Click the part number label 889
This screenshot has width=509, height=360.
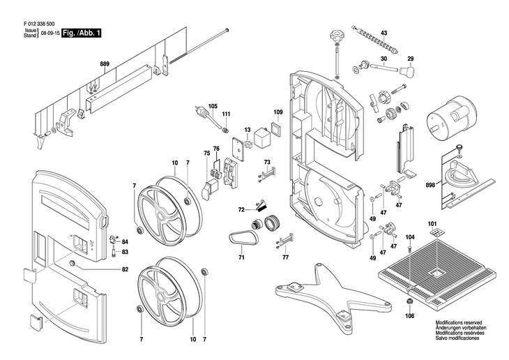pos(105,64)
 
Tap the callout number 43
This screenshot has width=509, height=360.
pos(383,33)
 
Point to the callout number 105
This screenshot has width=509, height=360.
pos(213,105)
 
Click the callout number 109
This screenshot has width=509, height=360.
pos(278,112)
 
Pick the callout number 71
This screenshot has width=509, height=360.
pos(242,257)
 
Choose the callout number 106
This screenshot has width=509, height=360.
pos(409,315)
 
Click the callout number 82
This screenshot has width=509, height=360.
pos(126,269)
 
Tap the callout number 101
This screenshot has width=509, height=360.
pos(432,224)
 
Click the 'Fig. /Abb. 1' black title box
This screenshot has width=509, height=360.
pos(81,33)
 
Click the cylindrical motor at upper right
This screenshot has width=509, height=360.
pos(450,126)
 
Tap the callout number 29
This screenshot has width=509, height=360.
pos(411,59)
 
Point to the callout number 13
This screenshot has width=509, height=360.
pos(248,130)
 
